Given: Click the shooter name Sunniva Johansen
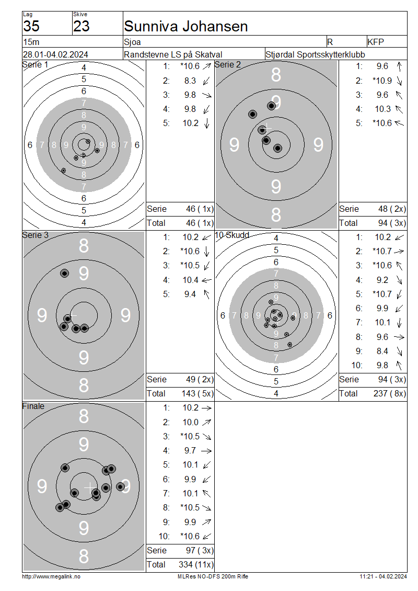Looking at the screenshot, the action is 185,26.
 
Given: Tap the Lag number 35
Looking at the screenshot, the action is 31,26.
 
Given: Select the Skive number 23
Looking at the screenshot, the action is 82,26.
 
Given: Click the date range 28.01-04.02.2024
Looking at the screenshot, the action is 56,54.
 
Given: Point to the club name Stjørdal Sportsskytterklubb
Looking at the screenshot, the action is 315,54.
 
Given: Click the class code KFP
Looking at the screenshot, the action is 376,42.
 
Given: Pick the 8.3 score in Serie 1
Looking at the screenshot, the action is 190,81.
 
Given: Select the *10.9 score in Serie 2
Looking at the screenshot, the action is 382,81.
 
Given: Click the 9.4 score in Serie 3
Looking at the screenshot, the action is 190,294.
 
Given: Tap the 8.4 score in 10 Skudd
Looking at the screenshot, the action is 382,351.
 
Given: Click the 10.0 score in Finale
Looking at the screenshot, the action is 191,422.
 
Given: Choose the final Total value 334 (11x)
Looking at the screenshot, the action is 196,565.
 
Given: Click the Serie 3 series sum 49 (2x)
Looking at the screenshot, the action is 200,380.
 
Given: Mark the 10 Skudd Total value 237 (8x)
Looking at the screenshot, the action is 390,393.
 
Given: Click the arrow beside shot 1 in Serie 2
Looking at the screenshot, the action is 399,67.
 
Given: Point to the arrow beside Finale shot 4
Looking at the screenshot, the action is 206,451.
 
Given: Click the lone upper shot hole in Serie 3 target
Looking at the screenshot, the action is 65,273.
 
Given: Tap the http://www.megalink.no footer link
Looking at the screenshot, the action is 51,576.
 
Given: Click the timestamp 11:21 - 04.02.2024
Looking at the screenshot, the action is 383,576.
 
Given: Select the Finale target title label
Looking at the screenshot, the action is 33,406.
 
